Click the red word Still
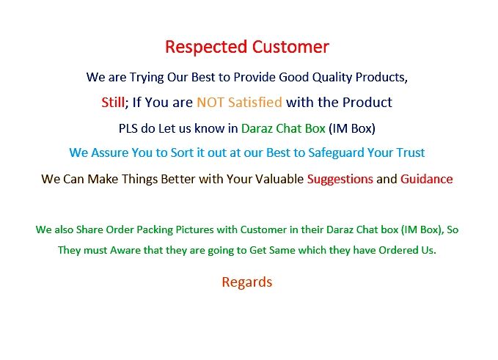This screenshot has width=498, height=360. (114, 103)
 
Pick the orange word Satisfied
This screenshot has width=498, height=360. (254, 103)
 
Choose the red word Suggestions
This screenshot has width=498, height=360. (340, 179)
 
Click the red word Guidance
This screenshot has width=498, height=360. (426, 179)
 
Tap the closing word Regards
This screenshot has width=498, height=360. (247, 282)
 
